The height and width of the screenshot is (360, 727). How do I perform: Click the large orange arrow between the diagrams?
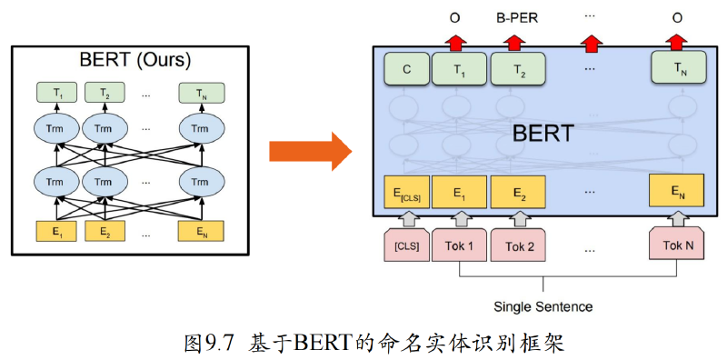(310, 151)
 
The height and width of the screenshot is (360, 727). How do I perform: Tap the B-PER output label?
(513, 18)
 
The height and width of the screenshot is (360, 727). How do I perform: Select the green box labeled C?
(406, 68)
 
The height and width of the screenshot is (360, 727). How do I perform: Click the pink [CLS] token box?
(406, 245)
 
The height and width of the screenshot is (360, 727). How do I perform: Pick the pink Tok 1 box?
(459, 245)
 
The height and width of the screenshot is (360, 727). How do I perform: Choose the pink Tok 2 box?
(519, 245)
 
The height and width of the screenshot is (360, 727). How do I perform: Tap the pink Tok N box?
(678, 245)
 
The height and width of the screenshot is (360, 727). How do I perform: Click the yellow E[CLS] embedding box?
(406, 191)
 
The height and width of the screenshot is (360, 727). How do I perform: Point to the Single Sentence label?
(543, 306)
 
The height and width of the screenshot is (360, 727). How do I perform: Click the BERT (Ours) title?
(134, 60)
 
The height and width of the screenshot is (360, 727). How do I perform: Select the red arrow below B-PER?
(513, 42)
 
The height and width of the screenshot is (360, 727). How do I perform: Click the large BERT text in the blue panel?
(543, 134)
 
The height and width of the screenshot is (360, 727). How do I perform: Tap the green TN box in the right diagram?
(678, 68)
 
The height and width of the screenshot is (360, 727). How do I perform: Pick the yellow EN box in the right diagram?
(677, 190)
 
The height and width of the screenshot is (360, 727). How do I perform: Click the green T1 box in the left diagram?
(57, 93)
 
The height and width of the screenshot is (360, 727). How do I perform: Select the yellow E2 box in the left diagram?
(105, 231)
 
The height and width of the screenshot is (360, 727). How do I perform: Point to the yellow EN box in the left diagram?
(201, 231)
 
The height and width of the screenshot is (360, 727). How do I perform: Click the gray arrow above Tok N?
(678, 218)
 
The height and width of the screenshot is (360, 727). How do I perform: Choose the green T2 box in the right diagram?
(518, 68)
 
